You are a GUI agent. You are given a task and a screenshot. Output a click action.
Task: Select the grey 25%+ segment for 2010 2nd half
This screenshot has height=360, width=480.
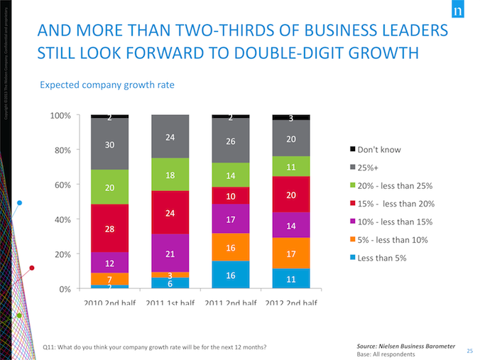(109, 144)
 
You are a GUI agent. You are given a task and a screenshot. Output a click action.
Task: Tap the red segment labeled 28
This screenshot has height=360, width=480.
(109, 229)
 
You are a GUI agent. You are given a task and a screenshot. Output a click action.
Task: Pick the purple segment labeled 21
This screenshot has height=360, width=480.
(170, 253)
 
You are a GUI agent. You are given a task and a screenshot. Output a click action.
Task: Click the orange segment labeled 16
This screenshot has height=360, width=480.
(231, 247)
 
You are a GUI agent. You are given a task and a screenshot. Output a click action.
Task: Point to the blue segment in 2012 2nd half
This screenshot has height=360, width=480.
(291, 279)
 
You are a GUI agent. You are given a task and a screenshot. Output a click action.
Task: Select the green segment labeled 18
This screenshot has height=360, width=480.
(170, 175)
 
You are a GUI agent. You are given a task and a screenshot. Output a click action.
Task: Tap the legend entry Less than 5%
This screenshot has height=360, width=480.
(383, 257)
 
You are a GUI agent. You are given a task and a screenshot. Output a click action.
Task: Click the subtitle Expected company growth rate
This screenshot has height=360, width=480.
(107, 85)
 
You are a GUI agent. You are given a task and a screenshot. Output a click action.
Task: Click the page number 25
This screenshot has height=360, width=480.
(469, 349)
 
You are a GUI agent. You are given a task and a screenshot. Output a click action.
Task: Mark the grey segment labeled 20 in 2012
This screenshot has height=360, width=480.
(291, 139)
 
